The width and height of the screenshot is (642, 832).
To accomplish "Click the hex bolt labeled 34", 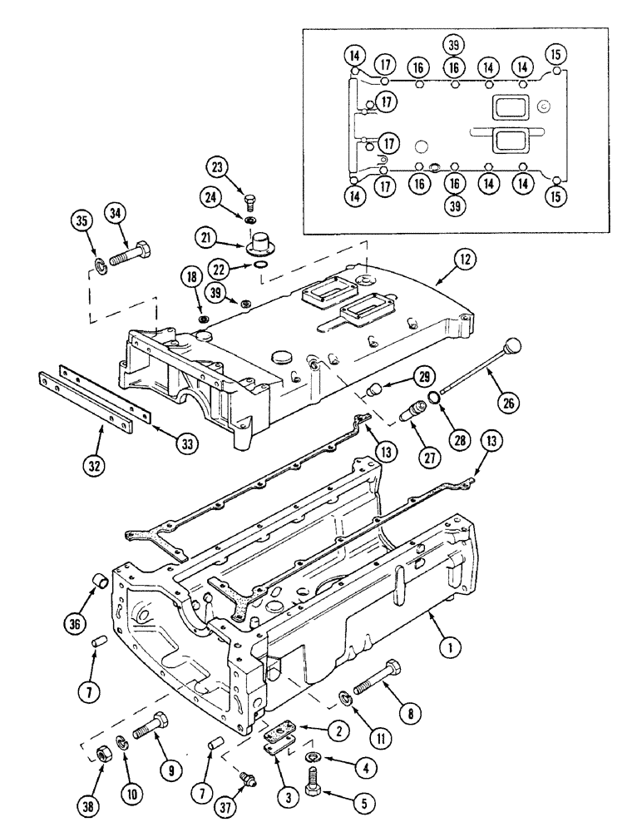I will (128, 250).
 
